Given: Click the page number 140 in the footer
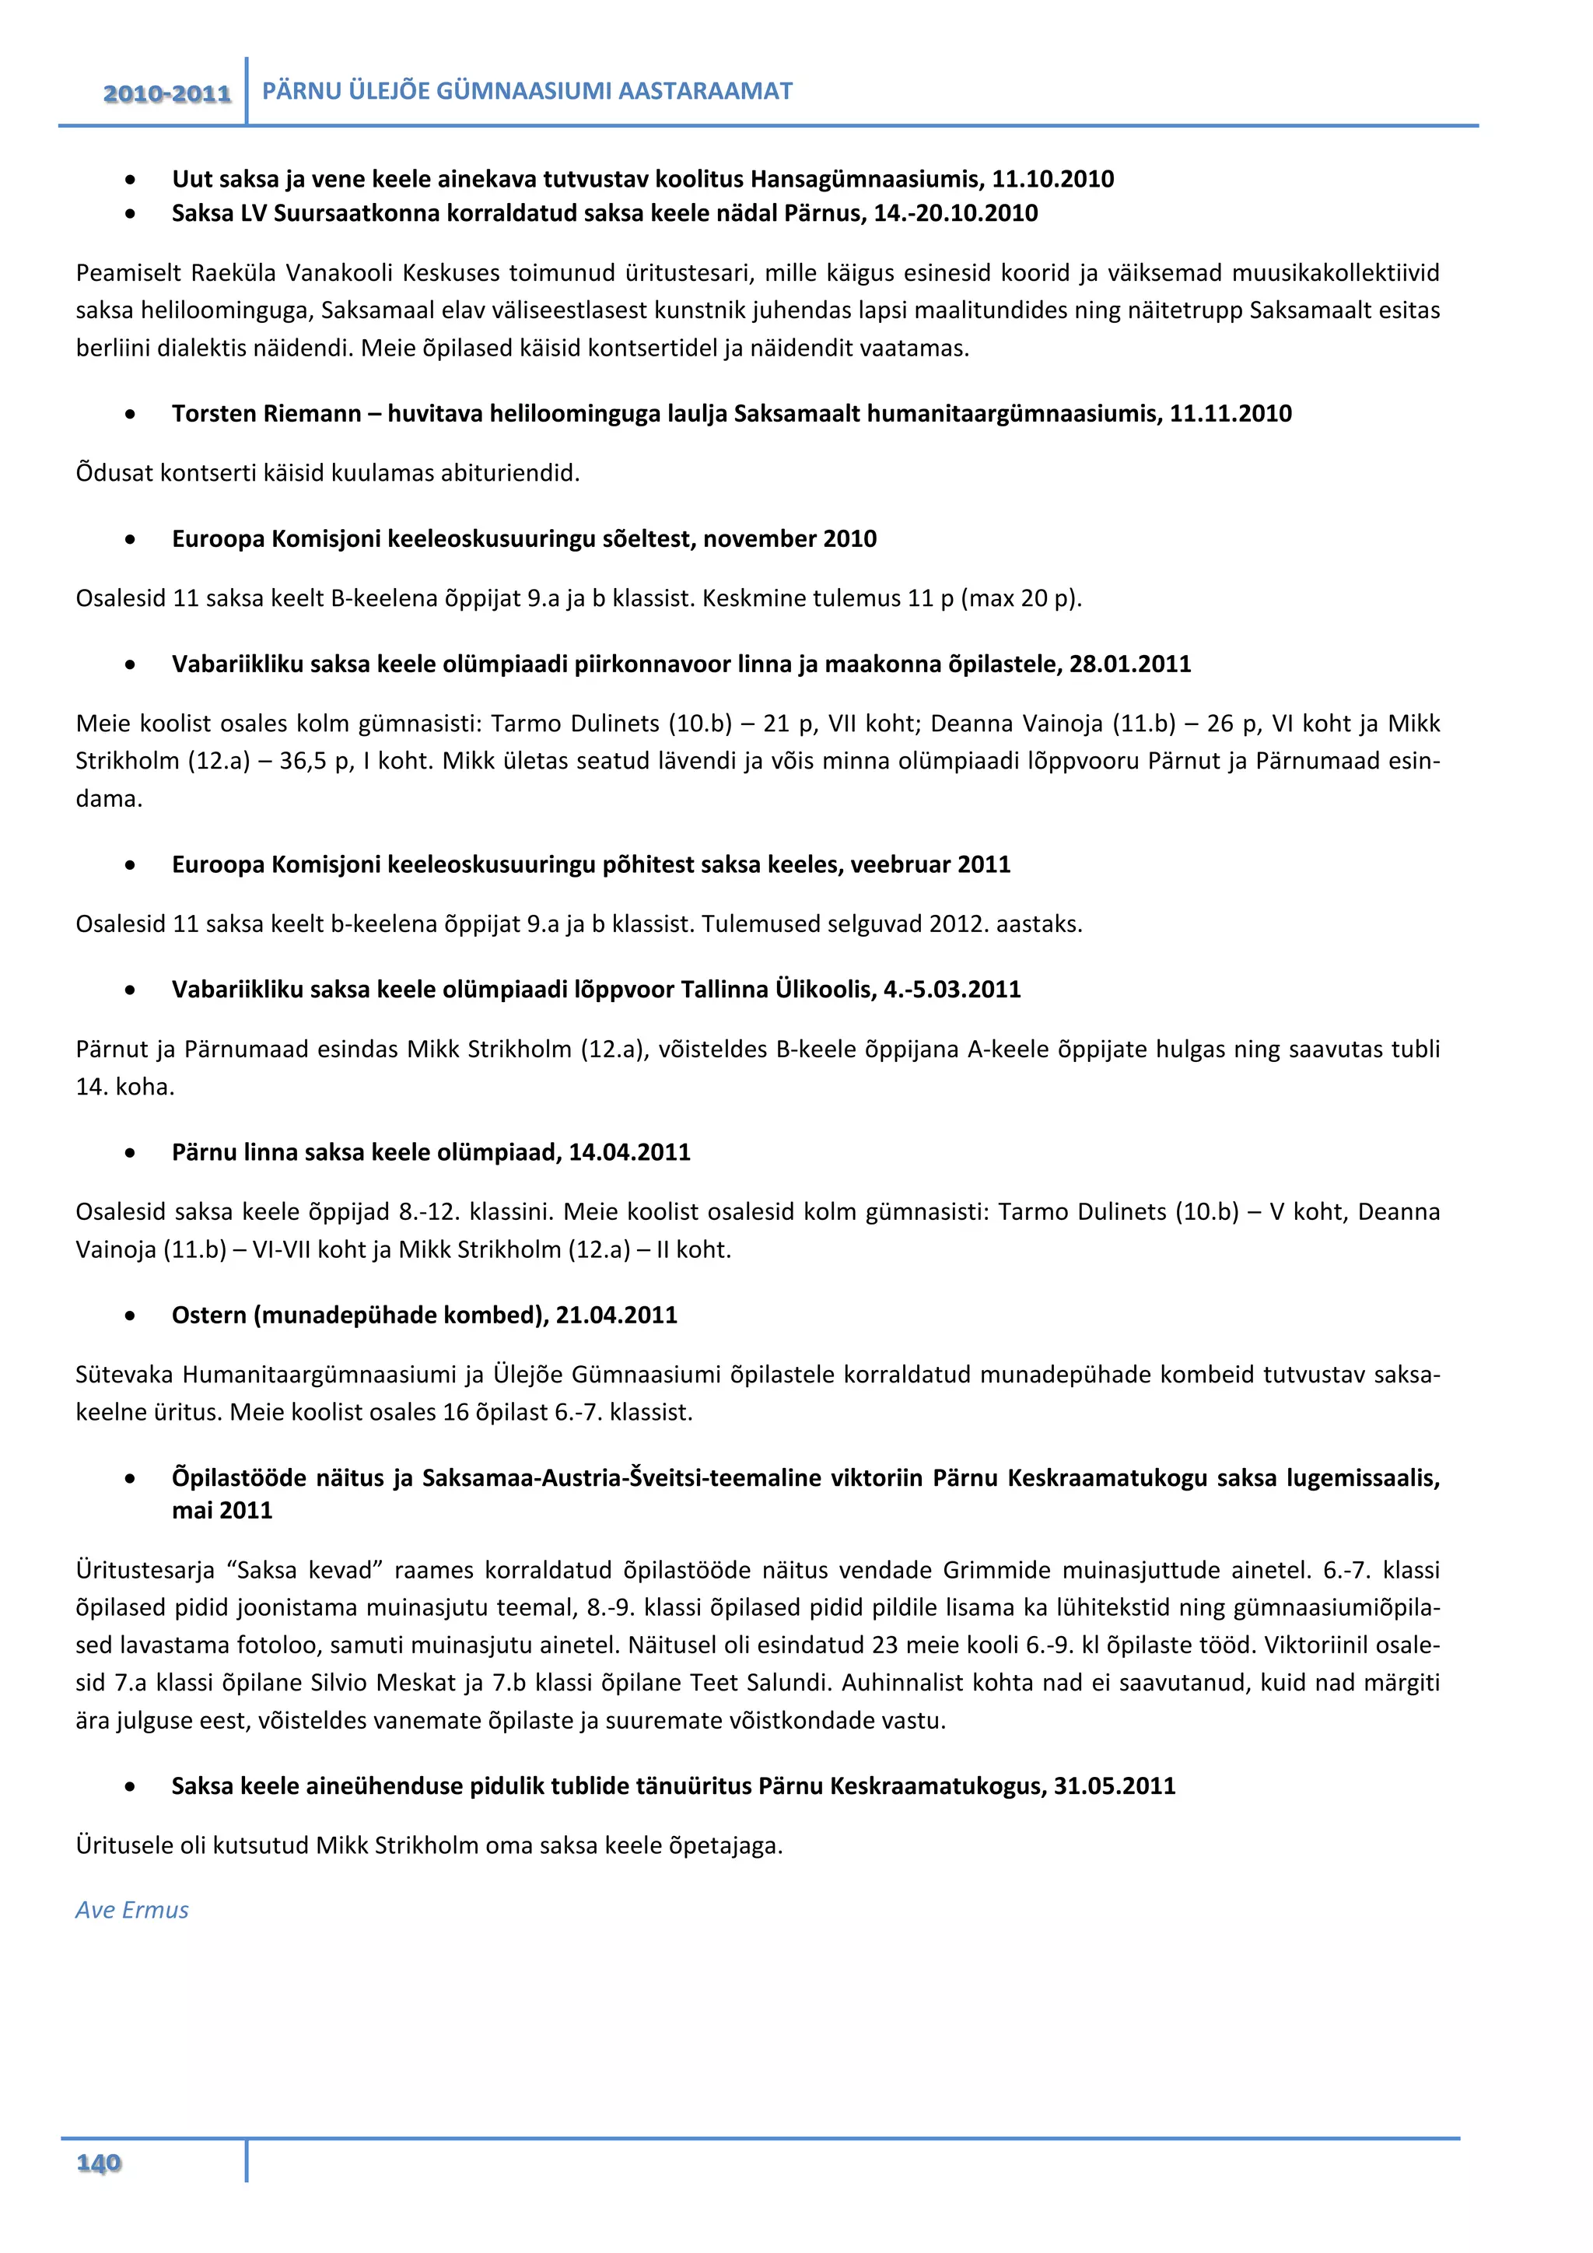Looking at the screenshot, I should (x=99, y=2163).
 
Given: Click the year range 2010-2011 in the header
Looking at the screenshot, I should (x=166, y=94).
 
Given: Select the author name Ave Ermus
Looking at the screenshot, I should (x=132, y=1910).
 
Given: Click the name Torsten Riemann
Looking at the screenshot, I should (x=267, y=413).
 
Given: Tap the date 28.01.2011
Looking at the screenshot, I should (x=1130, y=664).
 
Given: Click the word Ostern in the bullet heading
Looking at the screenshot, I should (x=209, y=1315).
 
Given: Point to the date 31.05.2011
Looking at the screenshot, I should (x=1115, y=1786).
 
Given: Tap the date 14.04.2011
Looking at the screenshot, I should (x=630, y=1152).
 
